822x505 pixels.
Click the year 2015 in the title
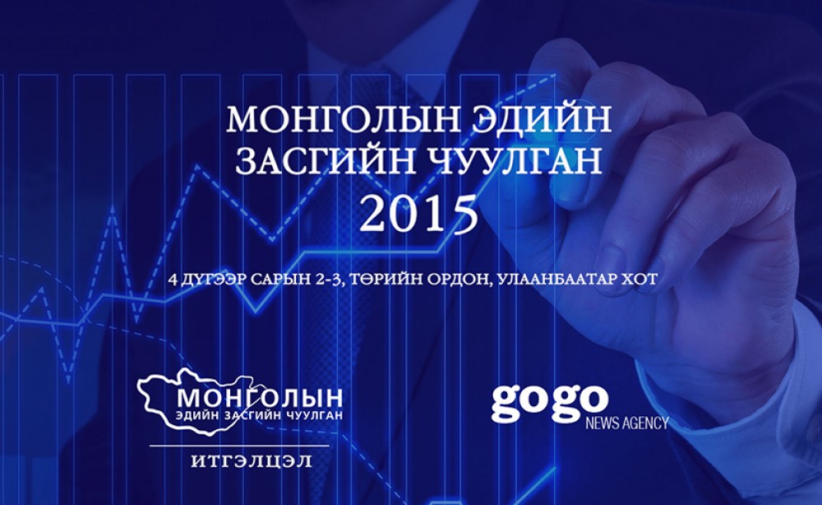tap(418, 214)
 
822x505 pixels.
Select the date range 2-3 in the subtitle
tap(330, 279)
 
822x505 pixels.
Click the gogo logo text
tap(549, 403)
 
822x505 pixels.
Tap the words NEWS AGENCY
tap(627, 423)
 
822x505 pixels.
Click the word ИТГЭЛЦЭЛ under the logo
tap(252, 461)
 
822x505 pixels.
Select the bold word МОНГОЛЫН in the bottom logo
tap(260, 399)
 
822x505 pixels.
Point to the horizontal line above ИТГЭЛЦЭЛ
tap(239, 447)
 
